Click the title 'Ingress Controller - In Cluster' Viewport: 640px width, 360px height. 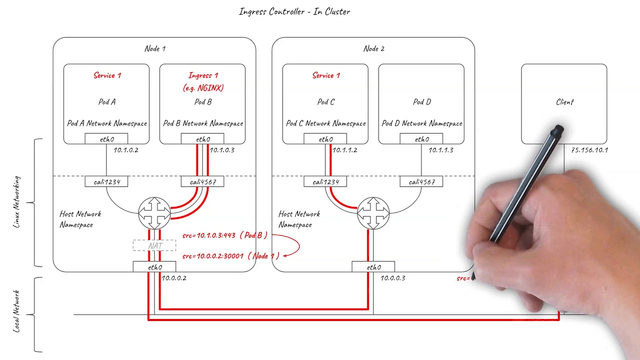pos(294,11)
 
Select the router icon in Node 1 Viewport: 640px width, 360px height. pos(154,212)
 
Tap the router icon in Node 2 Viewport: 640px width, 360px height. pos(373,212)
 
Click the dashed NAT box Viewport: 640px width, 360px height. pos(154,245)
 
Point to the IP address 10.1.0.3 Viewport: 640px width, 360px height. pos(222,150)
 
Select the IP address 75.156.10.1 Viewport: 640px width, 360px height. pos(589,150)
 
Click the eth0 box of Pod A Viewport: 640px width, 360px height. pos(106,139)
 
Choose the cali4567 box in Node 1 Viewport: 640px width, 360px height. pos(202,182)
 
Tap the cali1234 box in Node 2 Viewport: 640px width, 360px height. pos(325,182)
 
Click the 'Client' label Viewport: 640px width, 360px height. pos(564,102)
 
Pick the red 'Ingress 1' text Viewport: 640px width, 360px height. pos(203,75)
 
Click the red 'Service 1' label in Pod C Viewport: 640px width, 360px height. pos(326,75)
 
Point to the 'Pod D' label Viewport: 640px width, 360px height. pos(421,102)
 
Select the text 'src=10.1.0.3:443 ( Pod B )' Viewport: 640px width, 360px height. pos(225,235)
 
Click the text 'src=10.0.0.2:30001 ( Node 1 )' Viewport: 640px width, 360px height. pos(230,256)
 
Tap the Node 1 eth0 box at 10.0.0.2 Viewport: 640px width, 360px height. pos(154,267)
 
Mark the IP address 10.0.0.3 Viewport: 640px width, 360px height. pos(393,278)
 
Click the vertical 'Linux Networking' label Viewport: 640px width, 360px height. pos(17,202)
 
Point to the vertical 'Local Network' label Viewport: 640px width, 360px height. pos(17,311)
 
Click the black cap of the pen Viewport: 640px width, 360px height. pos(557,131)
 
